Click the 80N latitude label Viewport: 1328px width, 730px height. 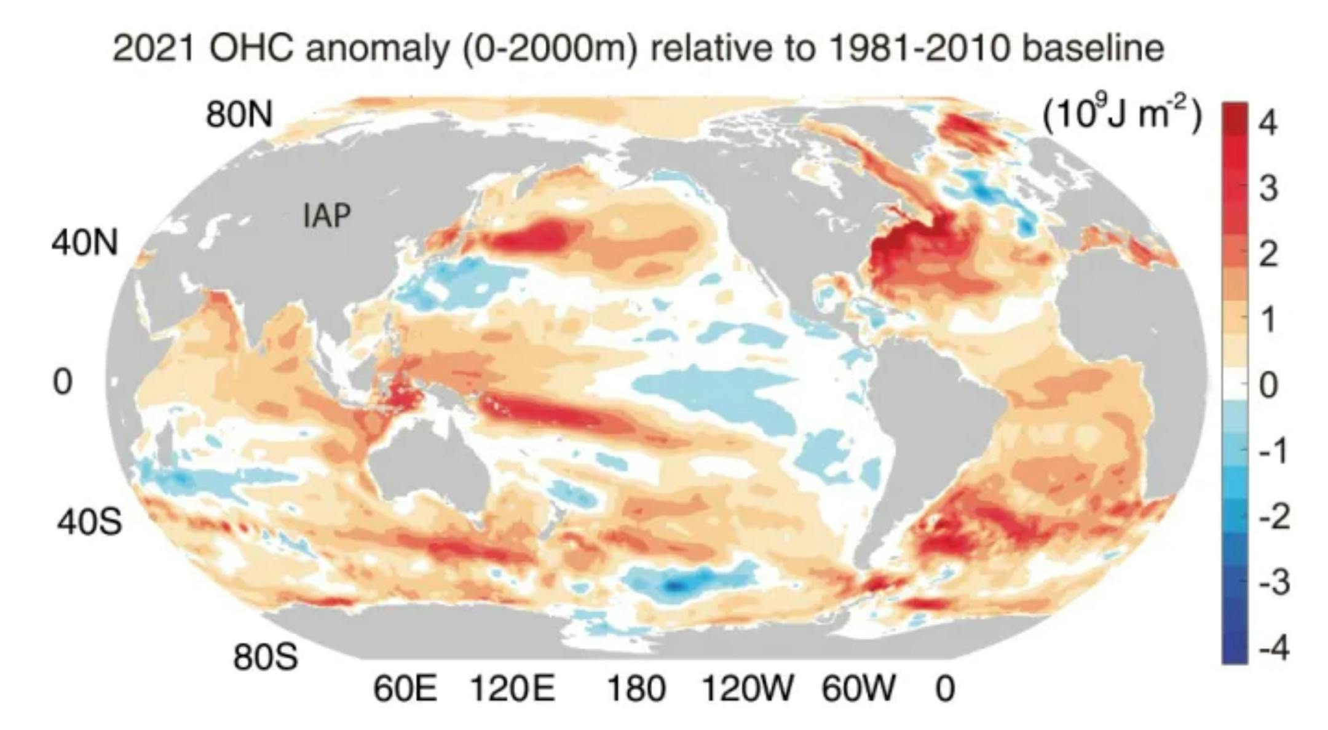pos(239,114)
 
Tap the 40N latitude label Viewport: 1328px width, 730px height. pos(85,244)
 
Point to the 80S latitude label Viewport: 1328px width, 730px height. pos(266,657)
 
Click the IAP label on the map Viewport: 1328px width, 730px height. pos(327,216)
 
